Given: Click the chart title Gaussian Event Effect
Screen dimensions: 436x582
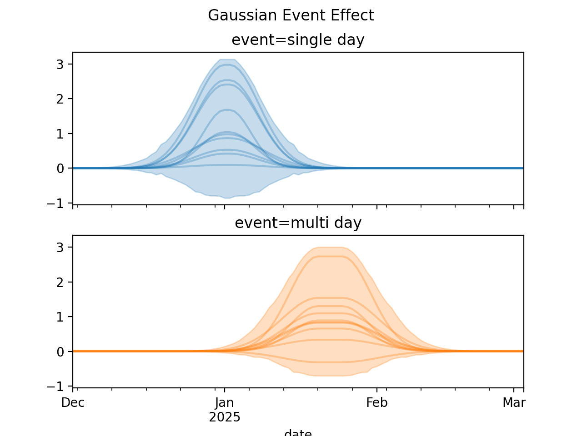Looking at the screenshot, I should [291, 15].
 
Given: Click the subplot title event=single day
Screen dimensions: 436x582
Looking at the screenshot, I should [298, 40].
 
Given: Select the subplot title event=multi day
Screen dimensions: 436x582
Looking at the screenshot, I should [298, 223].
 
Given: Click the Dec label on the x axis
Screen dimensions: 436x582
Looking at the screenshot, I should [73, 403].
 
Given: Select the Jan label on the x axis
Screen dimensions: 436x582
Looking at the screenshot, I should [225, 403].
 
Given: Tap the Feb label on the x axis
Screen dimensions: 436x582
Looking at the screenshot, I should [376, 403].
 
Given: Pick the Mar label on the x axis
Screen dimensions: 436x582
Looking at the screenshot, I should [514, 403].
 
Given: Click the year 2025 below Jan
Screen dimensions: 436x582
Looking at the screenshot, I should [225, 417].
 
